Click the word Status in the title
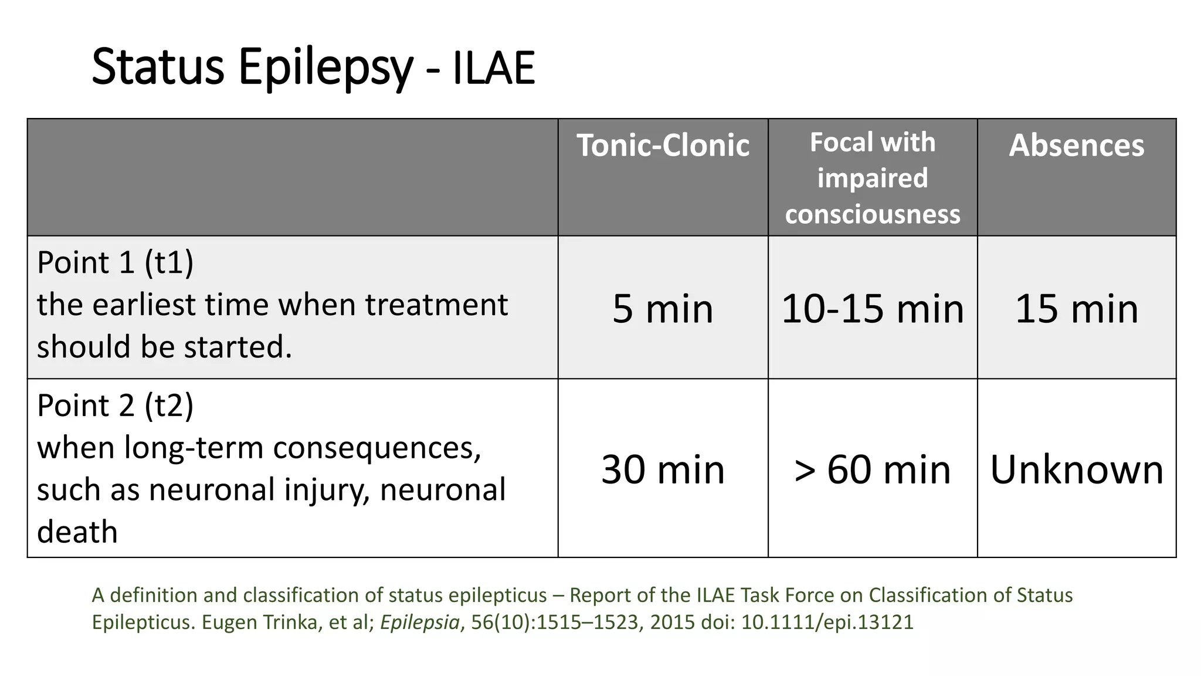tap(158, 67)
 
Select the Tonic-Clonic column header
tap(663, 145)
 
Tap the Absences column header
tap(1076, 145)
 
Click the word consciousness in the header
tap(873, 214)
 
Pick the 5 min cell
tap(663, 309)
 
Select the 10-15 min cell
tap(873, 309)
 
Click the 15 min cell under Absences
tap(1076, 309)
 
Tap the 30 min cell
tap(663, 469)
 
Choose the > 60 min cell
tap(873, 469)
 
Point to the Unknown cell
tap(1076, 469)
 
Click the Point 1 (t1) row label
tap(115, 262)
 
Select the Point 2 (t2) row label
tap(115, 405)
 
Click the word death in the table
tap(77, 532)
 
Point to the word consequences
tap(376, 448)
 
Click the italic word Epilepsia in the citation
tap(420, 622)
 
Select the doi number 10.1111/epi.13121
tap(827, 622)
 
